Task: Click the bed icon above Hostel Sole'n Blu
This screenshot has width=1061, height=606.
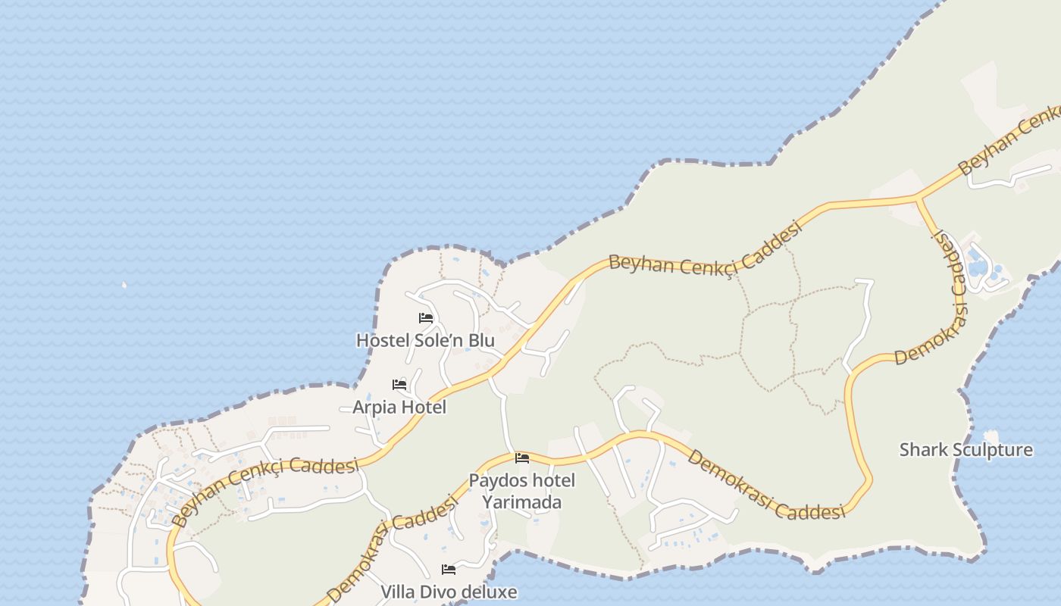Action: pyautogui.click(x=426, y=318)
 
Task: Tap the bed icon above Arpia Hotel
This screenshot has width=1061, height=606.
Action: pyautogui.click(x=399, y=385)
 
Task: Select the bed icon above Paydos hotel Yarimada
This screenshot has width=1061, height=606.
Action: pyautogui.click(x=522, y=458)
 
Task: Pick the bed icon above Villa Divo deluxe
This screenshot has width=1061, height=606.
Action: pyautogui.click(x=449, y=569)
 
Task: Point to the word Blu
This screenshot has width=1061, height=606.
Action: pyautogui.click(x=480, y=341)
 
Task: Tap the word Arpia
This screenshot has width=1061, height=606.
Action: pyautogui.click(x=374, y=408)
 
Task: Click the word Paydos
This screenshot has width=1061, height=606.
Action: pyautogui.click(x=495, y=481)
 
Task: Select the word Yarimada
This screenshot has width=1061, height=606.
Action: pyautogui.click(x=522, y=502)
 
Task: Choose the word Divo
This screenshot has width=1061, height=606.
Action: pyautogui.click(x=442, y=592)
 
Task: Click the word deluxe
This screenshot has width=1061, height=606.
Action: pyautogui.click(x=492, y=592)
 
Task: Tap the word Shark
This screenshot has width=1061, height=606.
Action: pyautogui.click(x=922, y=450)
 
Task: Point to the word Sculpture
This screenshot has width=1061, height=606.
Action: pyautogui.click(x=992, y=450)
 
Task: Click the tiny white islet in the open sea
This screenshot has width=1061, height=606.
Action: pyautogui.click(x=124, y=285)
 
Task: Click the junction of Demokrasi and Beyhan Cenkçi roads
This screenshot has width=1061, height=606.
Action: pyautogui.click(x=919, y=199)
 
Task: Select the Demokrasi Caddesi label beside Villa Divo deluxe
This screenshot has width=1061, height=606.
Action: pyautogui.click(x=394, y=547)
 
